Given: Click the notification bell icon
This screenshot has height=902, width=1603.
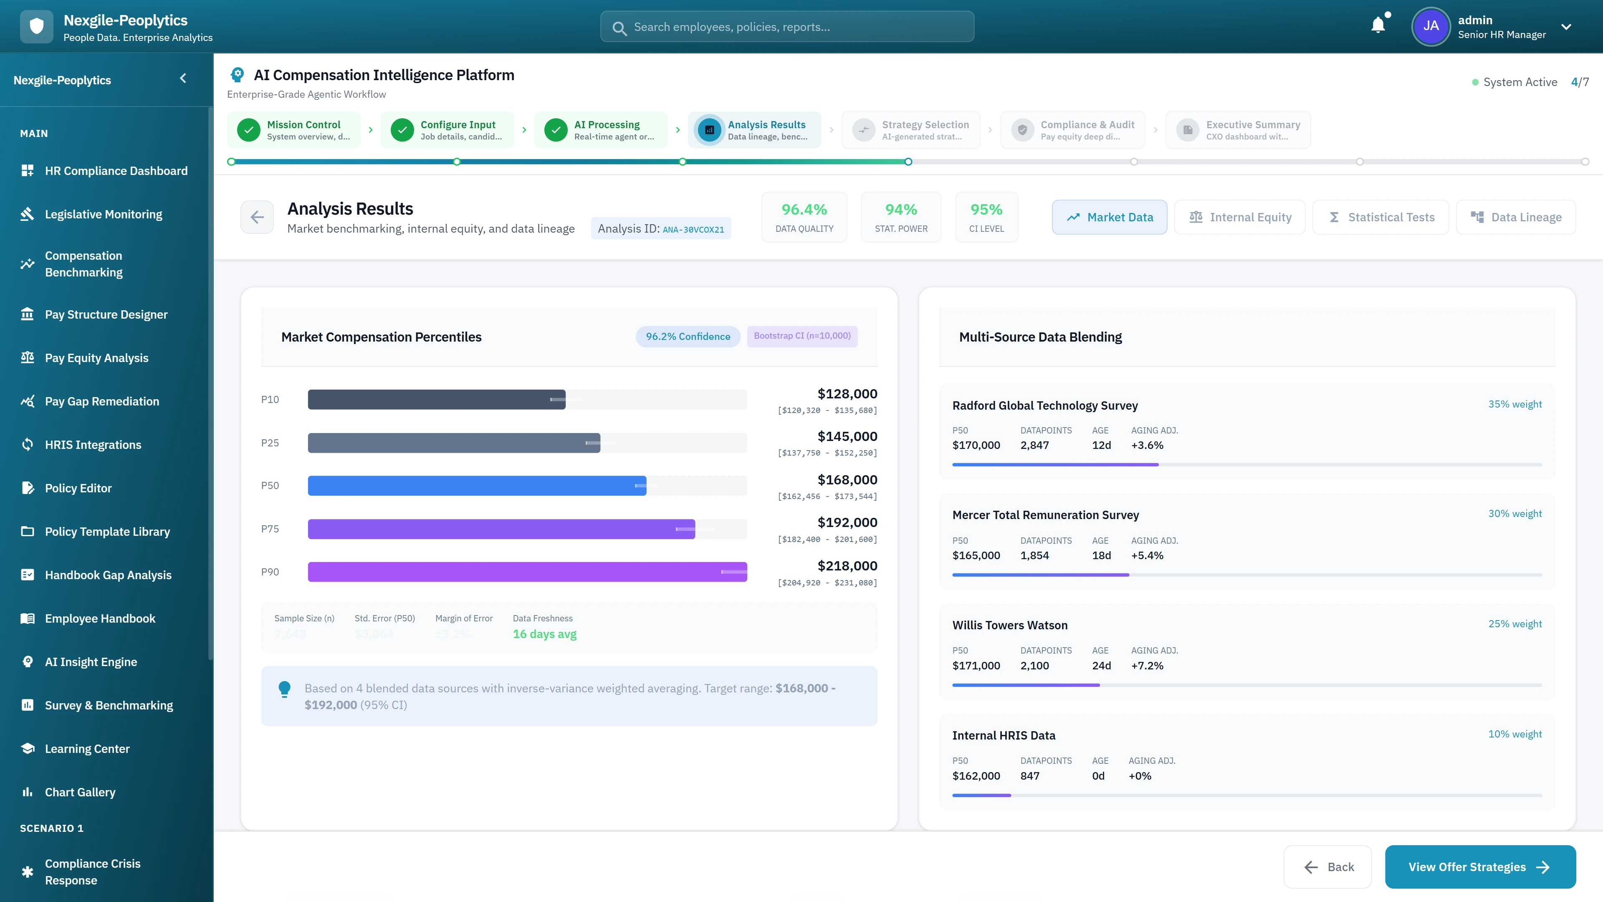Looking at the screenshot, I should [1378, 25].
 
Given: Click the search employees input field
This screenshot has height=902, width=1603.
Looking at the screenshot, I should [787, 27].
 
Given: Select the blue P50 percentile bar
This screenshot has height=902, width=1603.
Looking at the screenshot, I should [477, 486].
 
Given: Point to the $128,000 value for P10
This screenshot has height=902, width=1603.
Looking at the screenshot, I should [847, 393].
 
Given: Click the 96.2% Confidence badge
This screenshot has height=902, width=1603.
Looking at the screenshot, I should [688, 336].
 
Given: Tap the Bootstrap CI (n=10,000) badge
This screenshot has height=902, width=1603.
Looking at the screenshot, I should [801, 335].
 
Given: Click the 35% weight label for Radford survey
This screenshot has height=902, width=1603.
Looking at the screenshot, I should [1515, 404].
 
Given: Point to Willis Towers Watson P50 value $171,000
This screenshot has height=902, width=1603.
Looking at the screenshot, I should [976, 666].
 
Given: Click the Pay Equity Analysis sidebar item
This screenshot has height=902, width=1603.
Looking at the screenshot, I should [96, 358].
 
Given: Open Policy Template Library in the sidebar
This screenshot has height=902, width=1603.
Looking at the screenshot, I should [107, 532].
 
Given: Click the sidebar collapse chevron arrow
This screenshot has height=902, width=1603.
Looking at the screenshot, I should [183, 79].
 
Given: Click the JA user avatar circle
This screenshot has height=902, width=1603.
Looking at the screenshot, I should [1431, 26].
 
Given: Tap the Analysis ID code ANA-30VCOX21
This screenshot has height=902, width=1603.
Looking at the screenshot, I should [693, 229].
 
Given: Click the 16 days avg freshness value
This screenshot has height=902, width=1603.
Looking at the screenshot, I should [544, 634].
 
